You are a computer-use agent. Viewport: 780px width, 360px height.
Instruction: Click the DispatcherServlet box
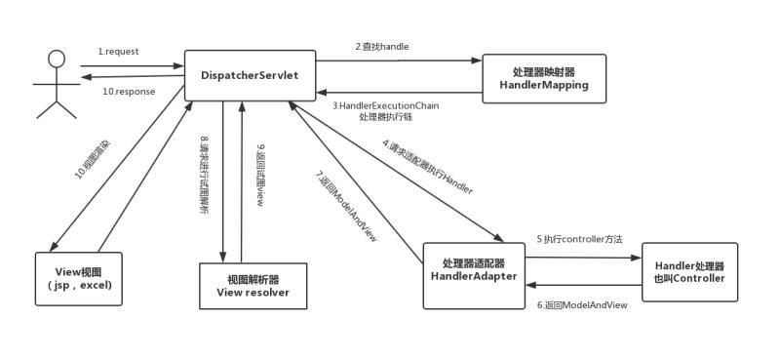coord(251,75)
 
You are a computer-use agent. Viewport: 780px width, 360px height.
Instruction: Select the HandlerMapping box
coord(544,79)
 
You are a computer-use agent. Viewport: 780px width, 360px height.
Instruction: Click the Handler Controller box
coord(690,272)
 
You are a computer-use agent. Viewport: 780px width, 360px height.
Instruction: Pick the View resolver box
coord(253,285)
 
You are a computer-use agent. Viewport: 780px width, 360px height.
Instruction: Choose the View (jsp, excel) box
coord(79,278)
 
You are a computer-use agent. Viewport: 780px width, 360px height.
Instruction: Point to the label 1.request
coord(120,52)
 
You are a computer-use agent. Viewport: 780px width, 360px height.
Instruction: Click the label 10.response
coord(128,92)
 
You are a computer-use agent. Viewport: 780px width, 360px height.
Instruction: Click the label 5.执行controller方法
coord(579,239)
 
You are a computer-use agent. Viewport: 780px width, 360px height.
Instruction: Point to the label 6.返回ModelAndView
coord(582,304)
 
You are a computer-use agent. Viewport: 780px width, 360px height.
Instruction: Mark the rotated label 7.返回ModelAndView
coord(346,206)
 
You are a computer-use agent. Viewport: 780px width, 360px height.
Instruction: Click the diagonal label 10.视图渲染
coord(93,160)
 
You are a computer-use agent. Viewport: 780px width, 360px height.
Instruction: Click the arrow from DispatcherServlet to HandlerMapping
coord(399,60)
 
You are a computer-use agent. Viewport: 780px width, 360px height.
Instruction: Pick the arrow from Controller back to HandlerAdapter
coord(582,285)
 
